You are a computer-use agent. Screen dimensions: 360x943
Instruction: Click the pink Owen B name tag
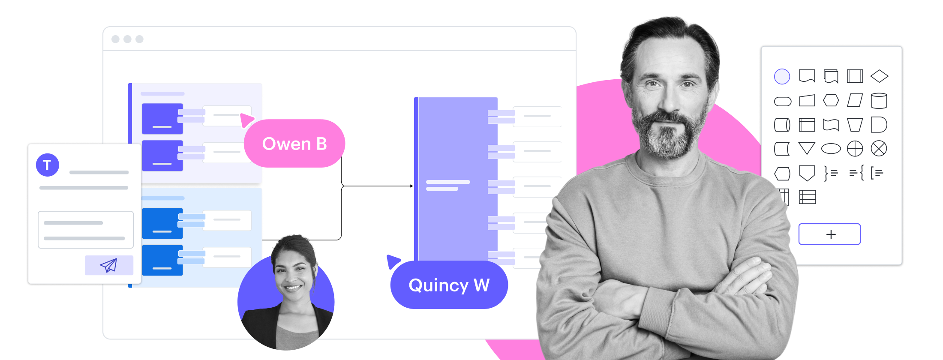294,144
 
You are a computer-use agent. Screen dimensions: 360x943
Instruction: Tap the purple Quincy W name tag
449,285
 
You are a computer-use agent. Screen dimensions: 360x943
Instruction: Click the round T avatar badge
48,165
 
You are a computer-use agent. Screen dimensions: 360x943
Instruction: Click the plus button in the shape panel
829,234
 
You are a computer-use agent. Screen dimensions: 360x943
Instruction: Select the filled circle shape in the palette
782,77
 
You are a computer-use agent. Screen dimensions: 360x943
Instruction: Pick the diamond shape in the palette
879,76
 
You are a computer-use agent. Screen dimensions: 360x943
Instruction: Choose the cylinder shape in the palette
879,101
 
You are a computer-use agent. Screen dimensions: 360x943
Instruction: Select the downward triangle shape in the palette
807,148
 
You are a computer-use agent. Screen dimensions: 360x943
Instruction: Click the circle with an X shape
879,149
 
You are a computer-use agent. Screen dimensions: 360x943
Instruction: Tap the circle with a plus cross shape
855,149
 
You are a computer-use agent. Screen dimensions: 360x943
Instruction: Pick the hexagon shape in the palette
831,101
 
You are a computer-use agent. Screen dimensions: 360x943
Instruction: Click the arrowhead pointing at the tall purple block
411,186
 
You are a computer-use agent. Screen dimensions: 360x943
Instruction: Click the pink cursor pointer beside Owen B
246,120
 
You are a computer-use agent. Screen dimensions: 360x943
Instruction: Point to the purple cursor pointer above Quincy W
392,261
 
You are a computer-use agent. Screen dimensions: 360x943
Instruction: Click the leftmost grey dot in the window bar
115,39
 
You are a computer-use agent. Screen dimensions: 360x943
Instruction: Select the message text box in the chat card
86,230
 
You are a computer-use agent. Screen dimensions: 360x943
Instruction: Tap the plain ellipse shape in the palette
831,149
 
